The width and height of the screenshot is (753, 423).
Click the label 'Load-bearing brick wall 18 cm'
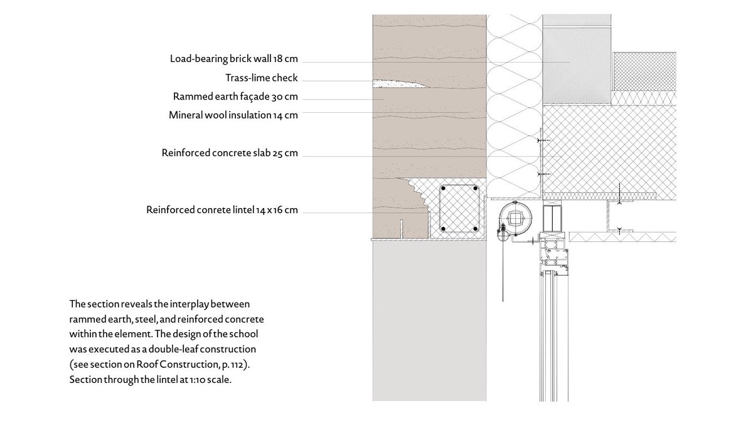pos(233,60)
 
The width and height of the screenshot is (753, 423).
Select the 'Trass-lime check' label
pos(261,78)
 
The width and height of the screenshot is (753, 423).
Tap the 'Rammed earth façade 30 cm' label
pos(235,97)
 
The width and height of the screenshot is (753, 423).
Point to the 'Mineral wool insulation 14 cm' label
pos(233,115)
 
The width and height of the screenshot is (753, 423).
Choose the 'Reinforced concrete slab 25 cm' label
pos(229,153)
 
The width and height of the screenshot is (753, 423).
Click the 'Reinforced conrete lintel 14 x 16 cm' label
pos(222,210)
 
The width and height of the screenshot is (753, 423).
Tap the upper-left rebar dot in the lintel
pos(444,189)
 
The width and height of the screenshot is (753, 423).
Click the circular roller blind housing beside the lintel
pos(515,219)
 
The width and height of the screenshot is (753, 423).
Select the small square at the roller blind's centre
pos(516,219)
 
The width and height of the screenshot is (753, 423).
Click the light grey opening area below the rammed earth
pos(429,320)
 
